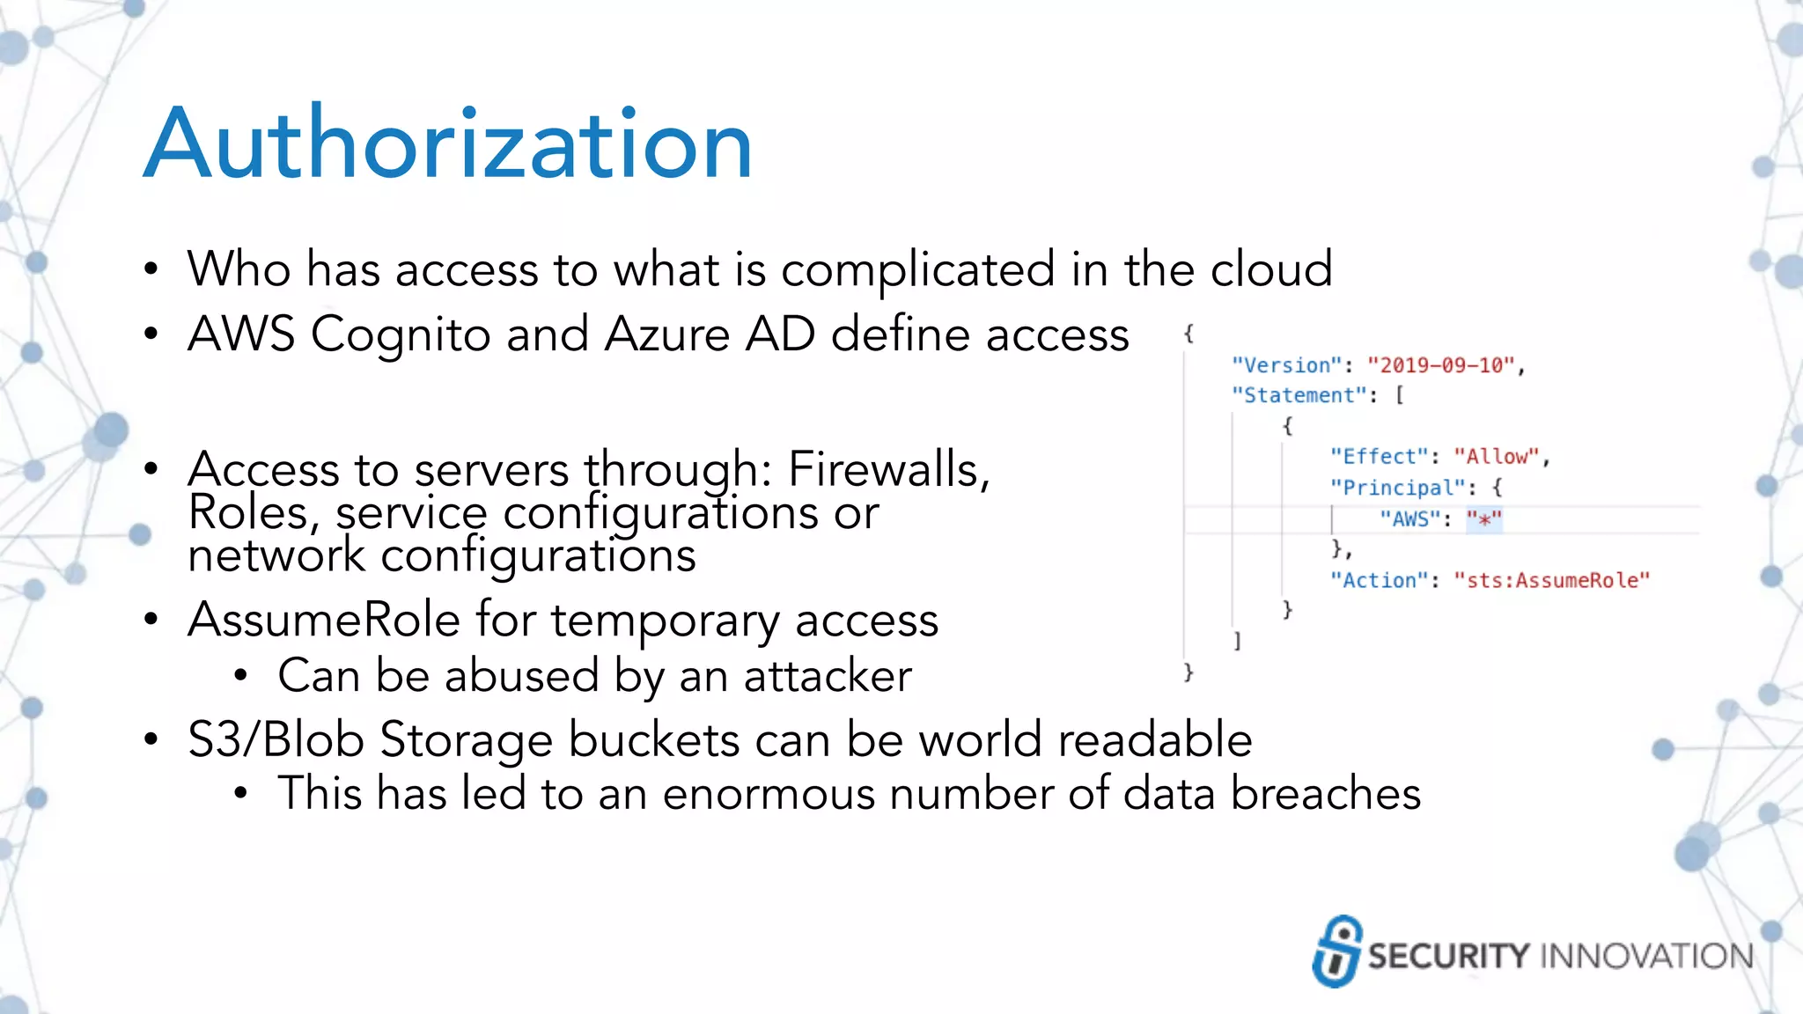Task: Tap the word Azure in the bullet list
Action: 667,334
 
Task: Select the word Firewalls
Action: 888,468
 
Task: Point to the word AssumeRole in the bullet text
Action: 324,620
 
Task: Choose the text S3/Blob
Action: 276,739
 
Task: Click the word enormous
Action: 768,793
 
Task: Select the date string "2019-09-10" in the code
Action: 1441,365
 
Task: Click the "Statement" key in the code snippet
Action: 1299,395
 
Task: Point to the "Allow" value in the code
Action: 1496,457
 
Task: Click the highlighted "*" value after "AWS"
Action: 1483,519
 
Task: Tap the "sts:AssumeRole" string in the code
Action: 1551,580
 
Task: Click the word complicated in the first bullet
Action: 917,269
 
